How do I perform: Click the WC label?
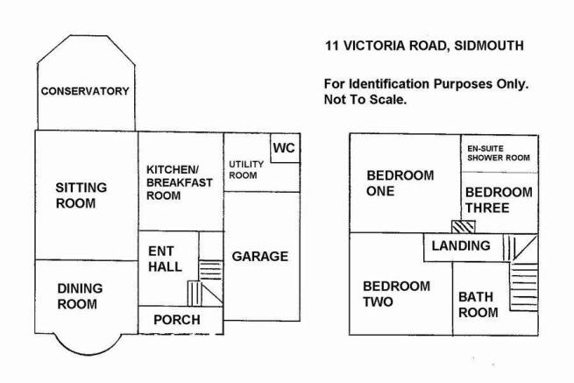[284, 148]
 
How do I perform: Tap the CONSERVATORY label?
[85, 91]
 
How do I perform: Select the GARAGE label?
[260, 256]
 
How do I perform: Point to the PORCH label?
[177, 320]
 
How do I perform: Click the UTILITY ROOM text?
[246, 169]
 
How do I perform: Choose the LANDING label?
[461, 245]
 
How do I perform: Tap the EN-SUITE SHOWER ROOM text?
[499, 153]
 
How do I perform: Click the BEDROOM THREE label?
[499, 200]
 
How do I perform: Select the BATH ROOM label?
[478, 305]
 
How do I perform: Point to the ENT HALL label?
[165, 259]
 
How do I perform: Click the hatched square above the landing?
[464, 227]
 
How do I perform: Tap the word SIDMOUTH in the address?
[489, 46]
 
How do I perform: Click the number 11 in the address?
[331, 46]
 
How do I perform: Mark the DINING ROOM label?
[80, 296]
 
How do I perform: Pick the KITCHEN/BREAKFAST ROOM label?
[180, 182]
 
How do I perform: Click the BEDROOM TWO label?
[396, 294]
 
